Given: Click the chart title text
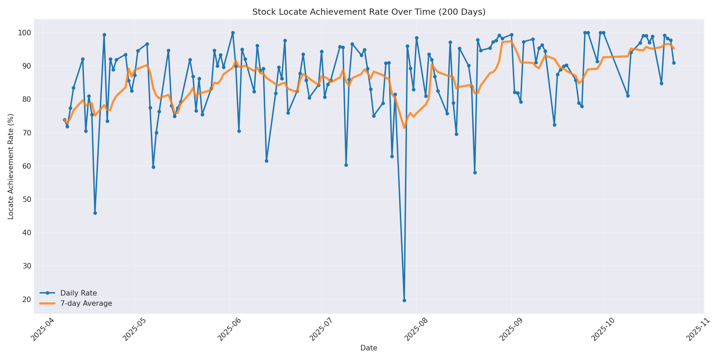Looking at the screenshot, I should (x=369, y=12).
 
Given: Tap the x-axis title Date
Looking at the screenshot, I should (x=369, y=348).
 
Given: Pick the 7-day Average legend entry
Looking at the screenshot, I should (x=86, y=303).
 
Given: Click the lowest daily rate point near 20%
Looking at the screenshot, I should (x=404, y=300).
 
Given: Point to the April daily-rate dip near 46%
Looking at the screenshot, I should (x=95, y=213).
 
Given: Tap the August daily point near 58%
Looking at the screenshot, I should (x=475, y=172).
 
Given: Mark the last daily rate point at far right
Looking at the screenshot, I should (x=674, y=63).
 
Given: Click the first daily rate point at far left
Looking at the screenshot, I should (x=64, y=120).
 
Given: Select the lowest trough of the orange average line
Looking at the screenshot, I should (x=404, y=128).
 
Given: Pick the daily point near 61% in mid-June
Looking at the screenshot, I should (x=266, y=161).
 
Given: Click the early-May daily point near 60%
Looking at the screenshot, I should (x=153, y=167).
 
